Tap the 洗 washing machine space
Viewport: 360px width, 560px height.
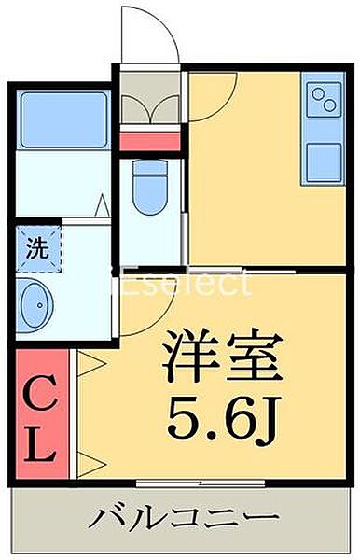37,248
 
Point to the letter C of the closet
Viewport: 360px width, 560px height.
39,388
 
